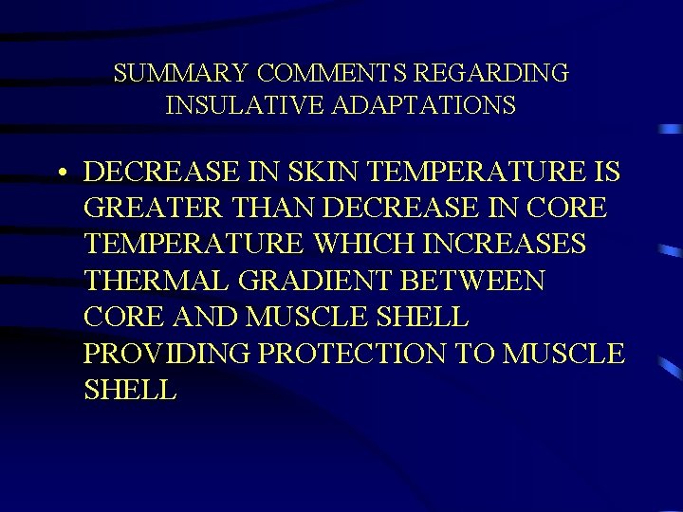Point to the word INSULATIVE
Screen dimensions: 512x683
(x=247, y=104)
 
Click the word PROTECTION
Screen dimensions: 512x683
(x=352, y=353)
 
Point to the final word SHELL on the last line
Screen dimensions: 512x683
(x=129, y=389)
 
